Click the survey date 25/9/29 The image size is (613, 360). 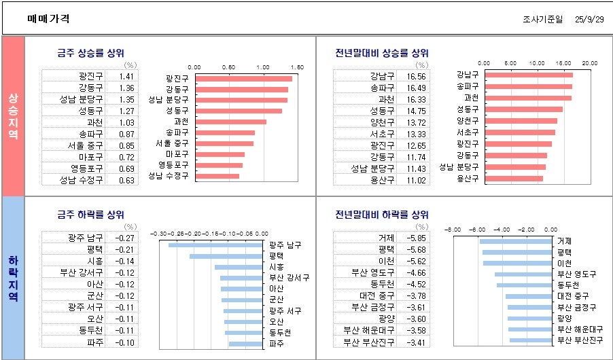click(x=589, y=19)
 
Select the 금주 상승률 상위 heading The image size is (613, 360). click(x=90, y=53)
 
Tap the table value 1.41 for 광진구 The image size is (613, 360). click(x=126, y=77)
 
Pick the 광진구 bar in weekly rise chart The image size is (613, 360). click(x=243, y=79)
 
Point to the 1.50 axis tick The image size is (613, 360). click(x=296, y=67)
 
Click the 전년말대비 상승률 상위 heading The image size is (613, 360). click(x=382, y=53)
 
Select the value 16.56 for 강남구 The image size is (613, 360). click(x=417, y=77)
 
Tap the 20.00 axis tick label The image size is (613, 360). click(x=589, y=62)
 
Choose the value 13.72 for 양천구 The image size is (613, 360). click(x=417, y=122)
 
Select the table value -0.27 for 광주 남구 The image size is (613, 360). click(x=126, y=238)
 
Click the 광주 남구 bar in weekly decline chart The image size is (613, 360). click(x=215, y=245)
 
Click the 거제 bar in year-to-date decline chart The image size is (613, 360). click(x=515, y=241)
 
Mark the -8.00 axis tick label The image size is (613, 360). click(x=453, y=230)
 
